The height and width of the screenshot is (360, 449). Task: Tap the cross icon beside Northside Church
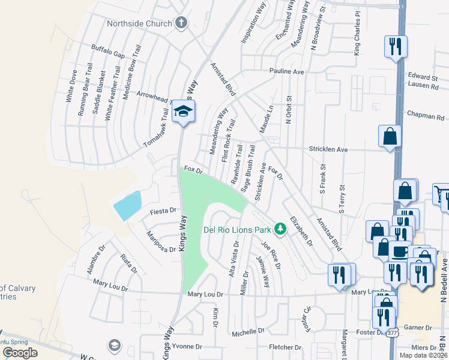click(x=181, y=23)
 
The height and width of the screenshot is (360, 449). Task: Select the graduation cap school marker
click(x=183, y=111)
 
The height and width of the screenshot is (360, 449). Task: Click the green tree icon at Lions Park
click(x=279, y=229)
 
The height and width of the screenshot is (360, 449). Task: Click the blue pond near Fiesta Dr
click(x=128, y=206)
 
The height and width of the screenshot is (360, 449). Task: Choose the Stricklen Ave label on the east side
click(x=328, y=149)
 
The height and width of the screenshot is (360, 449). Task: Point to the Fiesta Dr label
click(x=163, y=211)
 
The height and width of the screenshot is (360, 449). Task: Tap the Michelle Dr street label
click(x=248, y=331)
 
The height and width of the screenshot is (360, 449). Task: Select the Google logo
click(x=20, y=353)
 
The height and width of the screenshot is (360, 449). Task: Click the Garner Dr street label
click(x=418, y=328)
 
